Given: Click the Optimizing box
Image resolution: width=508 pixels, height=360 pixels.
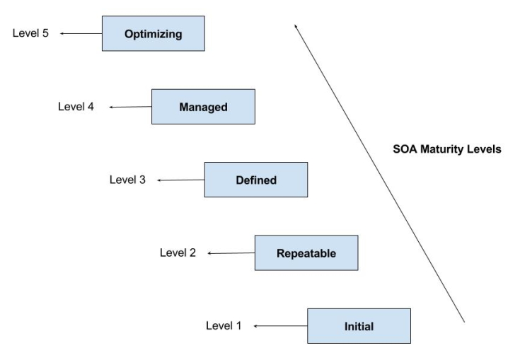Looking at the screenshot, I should coord(154,33).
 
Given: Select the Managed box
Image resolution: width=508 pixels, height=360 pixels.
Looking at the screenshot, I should coord(203,107).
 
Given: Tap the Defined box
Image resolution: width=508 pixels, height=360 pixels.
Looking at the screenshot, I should coord(255,180).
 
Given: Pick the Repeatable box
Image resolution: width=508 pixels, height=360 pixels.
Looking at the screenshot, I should coord(306,253).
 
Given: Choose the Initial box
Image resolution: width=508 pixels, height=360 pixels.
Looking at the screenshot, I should coord(359,326).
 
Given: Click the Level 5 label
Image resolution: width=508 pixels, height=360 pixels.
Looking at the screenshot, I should coord(30,33).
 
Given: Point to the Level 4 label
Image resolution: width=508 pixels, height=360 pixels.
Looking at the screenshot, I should coord(76,107).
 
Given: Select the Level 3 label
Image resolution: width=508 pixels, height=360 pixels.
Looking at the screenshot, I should coord(127,180).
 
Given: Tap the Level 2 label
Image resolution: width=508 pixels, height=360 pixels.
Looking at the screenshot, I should coord(178,252).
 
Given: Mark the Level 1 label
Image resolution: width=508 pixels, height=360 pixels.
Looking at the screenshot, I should coord(224,326).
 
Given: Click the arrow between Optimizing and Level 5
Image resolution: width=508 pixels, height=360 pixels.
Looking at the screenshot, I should coord(81,33).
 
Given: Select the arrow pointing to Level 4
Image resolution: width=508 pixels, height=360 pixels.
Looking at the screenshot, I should coord(131,108).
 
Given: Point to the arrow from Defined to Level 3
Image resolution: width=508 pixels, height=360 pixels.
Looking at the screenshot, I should coord(180,180).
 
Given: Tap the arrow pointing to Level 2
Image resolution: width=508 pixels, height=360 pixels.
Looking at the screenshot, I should coord(231,253).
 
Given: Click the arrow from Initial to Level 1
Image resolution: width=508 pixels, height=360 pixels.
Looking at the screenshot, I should coord(280,326).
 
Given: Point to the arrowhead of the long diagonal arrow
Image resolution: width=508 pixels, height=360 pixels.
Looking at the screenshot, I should coord(296,26).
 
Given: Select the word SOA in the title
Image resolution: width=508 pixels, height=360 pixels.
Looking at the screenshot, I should coord(403,149).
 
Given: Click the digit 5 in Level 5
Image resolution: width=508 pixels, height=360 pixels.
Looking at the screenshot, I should coord(45,33).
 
